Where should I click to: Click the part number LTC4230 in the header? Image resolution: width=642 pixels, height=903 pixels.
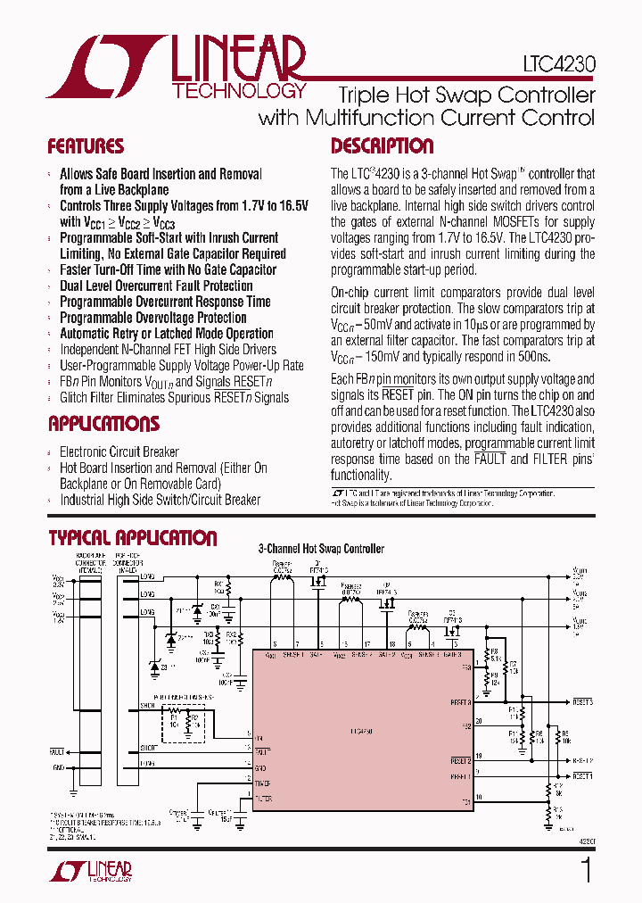click(x=560, y=65)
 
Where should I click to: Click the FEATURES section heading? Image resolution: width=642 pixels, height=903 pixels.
click(x=86, y=146)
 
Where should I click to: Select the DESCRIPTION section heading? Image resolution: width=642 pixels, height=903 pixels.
click(x=383, y=146)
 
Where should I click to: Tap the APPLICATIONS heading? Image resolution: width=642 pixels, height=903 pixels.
click(x=103, y=424)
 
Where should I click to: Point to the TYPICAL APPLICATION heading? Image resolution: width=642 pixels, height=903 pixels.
click(x=132, y=538)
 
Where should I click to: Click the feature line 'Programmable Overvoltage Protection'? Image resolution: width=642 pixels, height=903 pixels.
click(x=152, y=318)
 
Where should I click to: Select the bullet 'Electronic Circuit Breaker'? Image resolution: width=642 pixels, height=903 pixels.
click(x=119, y=451)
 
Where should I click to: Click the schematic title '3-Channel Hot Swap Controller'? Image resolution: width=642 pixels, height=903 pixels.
click(x=321, y=549)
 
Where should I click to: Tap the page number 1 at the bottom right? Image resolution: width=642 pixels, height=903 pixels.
click(x=586, y=871)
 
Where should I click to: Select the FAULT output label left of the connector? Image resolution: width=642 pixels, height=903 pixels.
click(x=57, y=752)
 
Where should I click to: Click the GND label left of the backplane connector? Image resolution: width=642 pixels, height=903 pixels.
click(x=58, y=766)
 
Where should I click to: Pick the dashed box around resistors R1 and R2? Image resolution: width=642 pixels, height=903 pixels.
click(x=184, y=721)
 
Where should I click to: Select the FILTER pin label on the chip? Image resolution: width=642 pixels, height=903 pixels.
click(x=264, y=798)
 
